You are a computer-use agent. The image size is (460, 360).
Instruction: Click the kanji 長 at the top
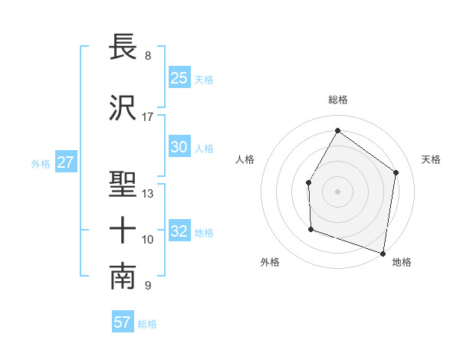point(123,47)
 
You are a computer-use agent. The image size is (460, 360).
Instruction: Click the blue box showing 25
point(179,78)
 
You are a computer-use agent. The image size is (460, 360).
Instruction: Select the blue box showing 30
point(179,148)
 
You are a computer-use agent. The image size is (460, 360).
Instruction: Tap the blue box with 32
point(179,232)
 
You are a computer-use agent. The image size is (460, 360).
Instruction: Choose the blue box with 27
point(65,163)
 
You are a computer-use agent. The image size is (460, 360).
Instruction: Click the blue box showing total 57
point(123,322)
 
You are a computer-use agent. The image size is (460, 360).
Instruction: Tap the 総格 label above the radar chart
point(337,100)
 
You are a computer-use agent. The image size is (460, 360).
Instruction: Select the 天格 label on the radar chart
point(432,159)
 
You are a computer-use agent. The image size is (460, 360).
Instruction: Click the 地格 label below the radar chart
point(402,262)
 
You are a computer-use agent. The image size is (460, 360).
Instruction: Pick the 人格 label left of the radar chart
point(245,159)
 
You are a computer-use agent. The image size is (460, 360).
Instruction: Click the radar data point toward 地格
point(383,253)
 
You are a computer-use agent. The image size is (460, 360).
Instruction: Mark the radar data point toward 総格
point(337,130)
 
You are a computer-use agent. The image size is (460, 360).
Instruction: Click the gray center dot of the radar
point(337,191)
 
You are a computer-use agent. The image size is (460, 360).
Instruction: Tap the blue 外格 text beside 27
point(41,164)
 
